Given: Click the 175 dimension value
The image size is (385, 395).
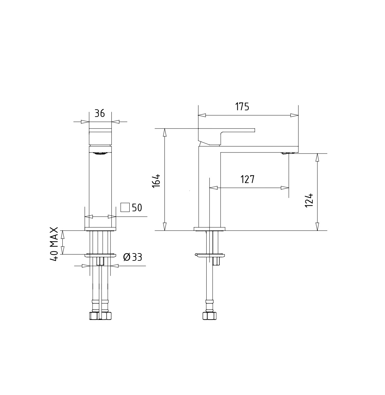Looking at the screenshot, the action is tap(242, 107).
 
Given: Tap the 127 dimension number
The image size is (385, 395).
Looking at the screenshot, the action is tap(247, 179).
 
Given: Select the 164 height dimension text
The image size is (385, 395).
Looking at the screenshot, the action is tap(156, 180).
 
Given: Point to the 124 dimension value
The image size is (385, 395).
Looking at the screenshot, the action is tap(309, 200).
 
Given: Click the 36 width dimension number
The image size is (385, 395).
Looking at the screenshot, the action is tap(99, 113).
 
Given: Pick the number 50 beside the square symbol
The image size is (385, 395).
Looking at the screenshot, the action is tap(137, 208).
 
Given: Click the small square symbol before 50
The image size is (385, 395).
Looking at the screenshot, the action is tap(125, 207).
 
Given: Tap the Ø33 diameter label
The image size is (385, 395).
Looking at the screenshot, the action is tap(133, 257).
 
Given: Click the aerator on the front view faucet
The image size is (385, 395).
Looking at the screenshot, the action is tap(100, 153).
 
